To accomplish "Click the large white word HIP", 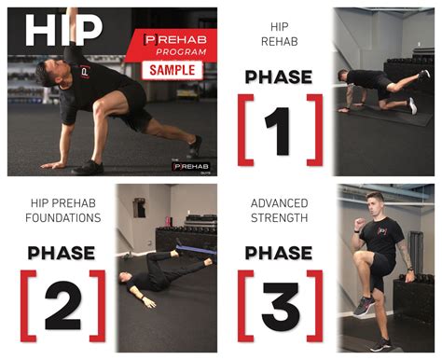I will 62,30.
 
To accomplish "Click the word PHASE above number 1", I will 278,76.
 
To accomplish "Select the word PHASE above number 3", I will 278,252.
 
